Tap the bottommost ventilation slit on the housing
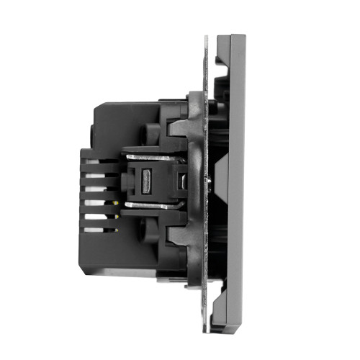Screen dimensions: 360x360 pos(97,230)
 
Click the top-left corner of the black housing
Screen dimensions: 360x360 pos(96,103)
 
